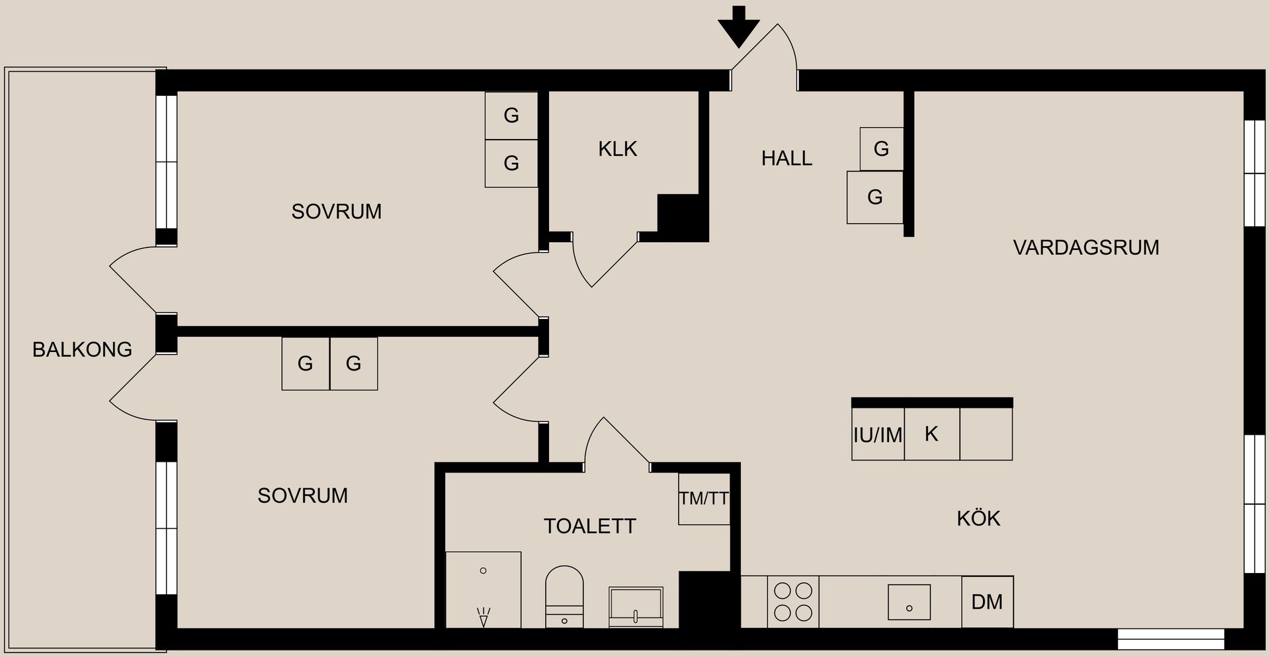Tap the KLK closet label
(x=618, y=149)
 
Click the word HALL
(x=786, y=158)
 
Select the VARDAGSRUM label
(x=1085, y=247)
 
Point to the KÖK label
(x=978, y=518)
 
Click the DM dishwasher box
(x=987, y=601)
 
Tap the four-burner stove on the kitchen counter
(x=793, y=601)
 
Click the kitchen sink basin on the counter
(x=909, y=602)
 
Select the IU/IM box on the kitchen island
(x=878, y=435)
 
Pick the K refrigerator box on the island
(x=931, y=434)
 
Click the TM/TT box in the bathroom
(x=704, y=499)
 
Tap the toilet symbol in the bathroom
(x=564, y=595)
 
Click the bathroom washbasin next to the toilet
(x=636, y=606)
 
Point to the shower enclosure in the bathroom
(x=484, y=589)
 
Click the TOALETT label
(x=590, y=526)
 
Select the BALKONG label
(x=82, y=349)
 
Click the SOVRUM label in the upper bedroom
(x=336, y=212)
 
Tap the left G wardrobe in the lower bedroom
(x=305, y=363)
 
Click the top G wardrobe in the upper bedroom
(x=511, y=116)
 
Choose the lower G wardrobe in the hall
(x=874, y=197)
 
